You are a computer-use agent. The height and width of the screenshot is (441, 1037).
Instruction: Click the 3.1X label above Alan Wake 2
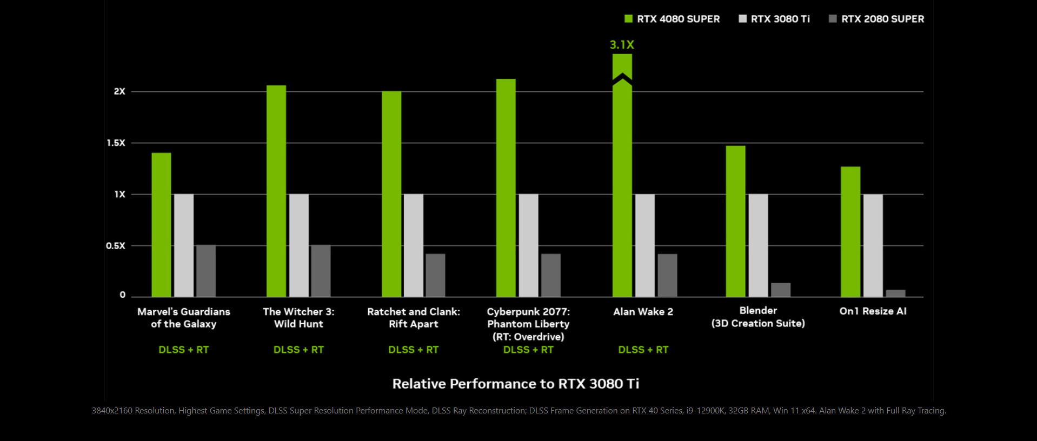tap(622, 45)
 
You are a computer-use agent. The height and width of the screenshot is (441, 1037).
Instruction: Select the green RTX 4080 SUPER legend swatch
tap(628, 19)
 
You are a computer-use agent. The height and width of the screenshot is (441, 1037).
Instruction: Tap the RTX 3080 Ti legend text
tap(780, 19)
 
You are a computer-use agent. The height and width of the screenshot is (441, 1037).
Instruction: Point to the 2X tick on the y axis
tap(119, 91)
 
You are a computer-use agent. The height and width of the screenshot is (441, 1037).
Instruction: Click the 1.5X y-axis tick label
tap(116, 143)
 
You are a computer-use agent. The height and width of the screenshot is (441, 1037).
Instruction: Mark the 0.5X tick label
tap(116, 245)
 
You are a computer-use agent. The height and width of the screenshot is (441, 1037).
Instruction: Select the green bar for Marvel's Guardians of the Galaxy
tap(161, 224)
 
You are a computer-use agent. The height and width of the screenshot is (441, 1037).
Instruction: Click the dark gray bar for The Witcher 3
tap(321, 270)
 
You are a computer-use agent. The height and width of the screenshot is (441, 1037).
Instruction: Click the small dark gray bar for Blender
tap(780, 290)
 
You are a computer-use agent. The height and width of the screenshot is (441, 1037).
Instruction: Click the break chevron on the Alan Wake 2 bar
tap(622, 79)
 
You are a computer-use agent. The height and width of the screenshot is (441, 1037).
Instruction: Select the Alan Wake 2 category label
tap(643, 312)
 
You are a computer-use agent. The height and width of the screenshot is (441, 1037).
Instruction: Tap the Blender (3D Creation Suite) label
tap(758, 317)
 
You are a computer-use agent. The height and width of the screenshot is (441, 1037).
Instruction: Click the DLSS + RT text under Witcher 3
tap(298, 350)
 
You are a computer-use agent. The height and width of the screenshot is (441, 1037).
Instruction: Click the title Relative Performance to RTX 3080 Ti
tap(515, 384)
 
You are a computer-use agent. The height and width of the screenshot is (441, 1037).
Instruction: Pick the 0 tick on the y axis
tap(123, 295)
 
